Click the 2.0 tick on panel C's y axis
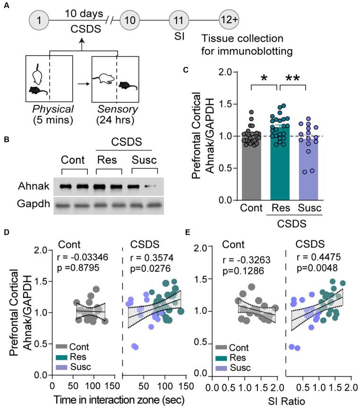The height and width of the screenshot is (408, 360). (x=229, y=72)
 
